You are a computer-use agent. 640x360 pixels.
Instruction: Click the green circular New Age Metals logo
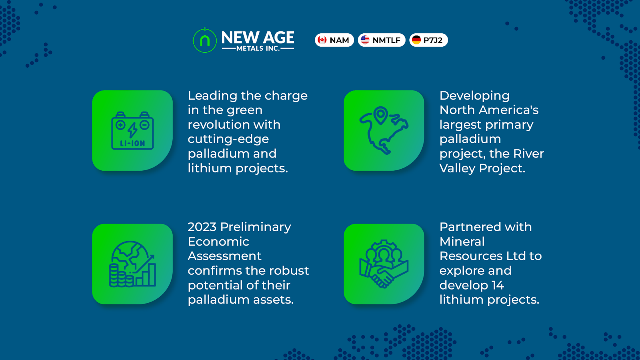204,40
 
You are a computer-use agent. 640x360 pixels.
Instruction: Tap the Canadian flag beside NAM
322,40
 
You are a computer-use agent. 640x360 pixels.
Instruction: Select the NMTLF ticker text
386,40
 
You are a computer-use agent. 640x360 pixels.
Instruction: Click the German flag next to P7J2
416,40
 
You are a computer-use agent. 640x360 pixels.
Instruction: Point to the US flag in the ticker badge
365,40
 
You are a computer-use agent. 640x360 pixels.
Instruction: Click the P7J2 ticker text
433,40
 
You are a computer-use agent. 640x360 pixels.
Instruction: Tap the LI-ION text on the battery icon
132,144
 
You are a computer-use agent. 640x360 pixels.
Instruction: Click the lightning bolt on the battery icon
132,130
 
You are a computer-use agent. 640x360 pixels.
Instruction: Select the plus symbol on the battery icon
120,125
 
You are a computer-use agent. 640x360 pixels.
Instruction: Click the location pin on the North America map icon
380,115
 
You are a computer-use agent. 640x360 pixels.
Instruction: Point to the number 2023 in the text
202,227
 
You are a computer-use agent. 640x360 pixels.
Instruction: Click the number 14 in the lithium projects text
498,286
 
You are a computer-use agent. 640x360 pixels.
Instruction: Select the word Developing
474,96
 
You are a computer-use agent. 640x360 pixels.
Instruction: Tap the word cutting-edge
228,140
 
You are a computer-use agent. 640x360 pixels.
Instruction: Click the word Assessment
224,256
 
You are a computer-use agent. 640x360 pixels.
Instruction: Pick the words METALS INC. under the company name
258,48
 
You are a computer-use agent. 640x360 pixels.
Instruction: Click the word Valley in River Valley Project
457,168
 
